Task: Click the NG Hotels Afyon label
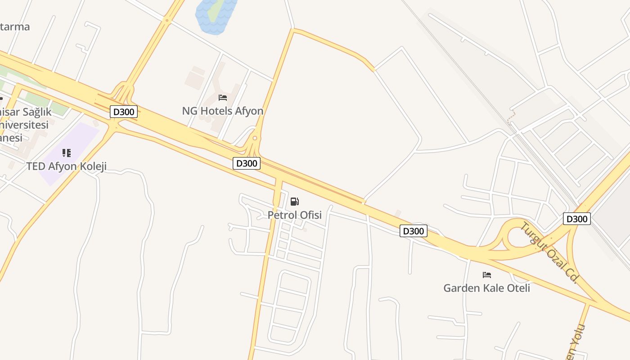click(222, 111)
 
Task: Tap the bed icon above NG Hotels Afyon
click(222, 98)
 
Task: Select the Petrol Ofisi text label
click(294, 215)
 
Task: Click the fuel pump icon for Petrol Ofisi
click(294, 202)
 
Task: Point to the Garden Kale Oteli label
click(486, 288)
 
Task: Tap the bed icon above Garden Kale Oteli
click(486, 274)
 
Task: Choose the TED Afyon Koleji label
click(66, 166)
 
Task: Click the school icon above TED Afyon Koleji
click(67, 153)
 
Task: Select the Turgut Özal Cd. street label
click(549, 252)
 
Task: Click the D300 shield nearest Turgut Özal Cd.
click(576, 219)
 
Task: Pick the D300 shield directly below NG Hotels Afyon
click(247, 163)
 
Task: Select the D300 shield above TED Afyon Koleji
click(123, 112)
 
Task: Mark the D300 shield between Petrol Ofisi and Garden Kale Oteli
click(413, 231)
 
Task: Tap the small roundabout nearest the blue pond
click(167, 20)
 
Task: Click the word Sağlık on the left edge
click(34, 112)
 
